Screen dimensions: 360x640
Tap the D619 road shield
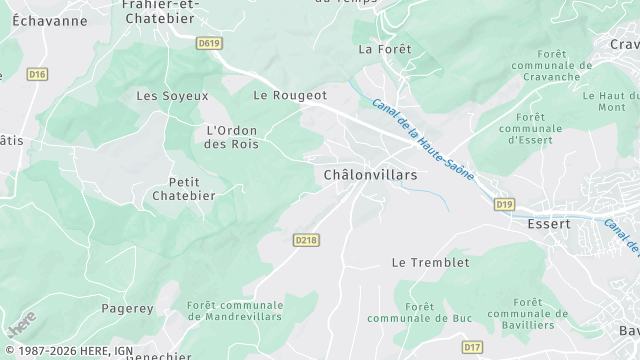[209, 43]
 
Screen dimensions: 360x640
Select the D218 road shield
[306, 240]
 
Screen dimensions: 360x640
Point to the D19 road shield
[504, 205]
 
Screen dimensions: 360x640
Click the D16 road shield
[37, 74]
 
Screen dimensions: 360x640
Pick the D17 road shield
[472, 347]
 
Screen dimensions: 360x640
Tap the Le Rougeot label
[290, 95]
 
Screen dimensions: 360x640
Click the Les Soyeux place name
[172, 96]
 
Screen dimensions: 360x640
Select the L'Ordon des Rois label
[232, 137]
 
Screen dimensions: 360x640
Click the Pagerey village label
[127, 310]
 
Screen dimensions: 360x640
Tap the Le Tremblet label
[430, 263]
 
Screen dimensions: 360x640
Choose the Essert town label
[549, 224]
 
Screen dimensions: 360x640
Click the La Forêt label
[379, 48]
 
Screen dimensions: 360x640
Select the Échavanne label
[44, 21]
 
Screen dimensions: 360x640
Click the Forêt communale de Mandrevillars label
[235, 310]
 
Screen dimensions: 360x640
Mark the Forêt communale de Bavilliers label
[528, 313]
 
